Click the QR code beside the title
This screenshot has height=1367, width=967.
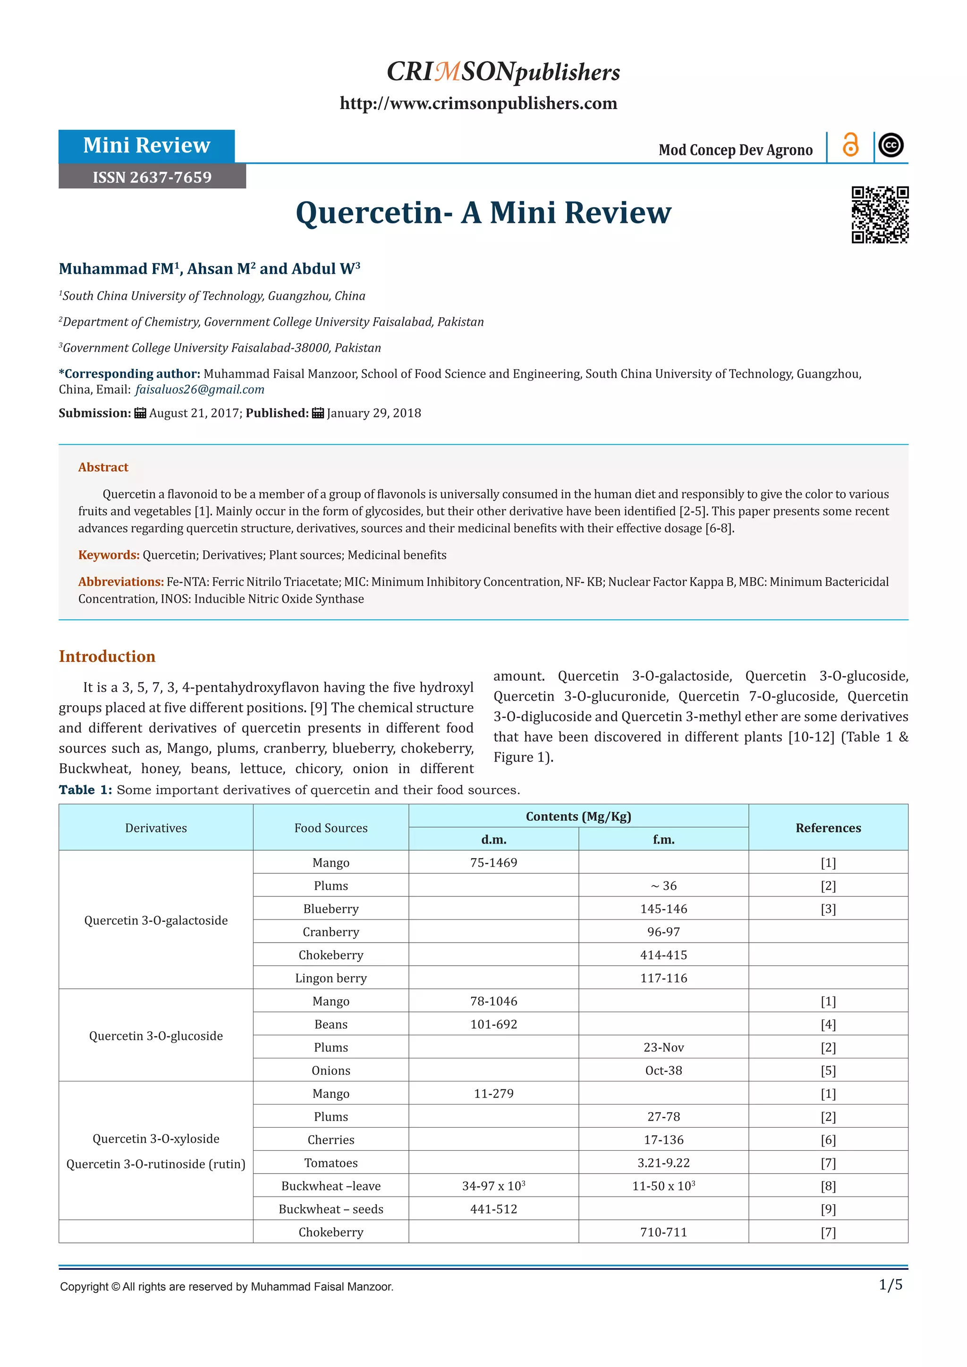coord(880,214)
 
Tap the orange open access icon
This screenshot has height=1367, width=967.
coord(850,145)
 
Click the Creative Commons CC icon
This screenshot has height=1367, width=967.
coord(891,145)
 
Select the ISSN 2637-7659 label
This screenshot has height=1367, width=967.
coord(152,177)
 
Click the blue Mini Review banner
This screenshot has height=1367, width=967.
coord(146,145)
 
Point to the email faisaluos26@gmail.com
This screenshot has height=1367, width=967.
coord(199,389)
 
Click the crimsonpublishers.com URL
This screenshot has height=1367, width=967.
coord(478,103)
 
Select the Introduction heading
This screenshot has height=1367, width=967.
coord(107,656)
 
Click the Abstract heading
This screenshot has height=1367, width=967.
coord(103,467)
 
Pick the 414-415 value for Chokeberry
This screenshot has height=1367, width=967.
coord(663,955)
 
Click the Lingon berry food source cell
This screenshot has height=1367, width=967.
coord(331,978)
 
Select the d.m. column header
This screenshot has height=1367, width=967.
coord(493,839)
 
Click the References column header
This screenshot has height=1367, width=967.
coord(828,827)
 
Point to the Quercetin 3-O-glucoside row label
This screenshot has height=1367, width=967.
coord(156,1036)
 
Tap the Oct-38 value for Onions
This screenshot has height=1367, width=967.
coord(663,1071)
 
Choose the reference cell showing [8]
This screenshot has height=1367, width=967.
coord(828,1186)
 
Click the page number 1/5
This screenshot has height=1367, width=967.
coord(890,1285)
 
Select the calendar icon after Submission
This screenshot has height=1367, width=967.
coord(140,413)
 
